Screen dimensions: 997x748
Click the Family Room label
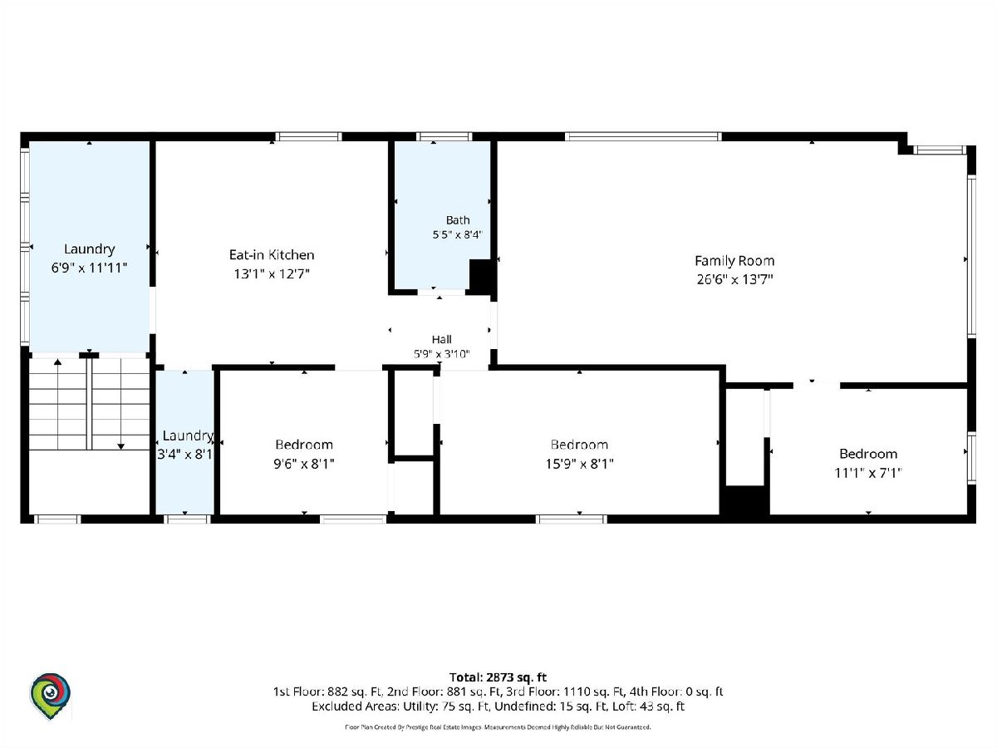[x=734, y=261]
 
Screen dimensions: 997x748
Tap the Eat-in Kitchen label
[x=272, y=254]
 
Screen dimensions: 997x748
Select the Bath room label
[x=458, y=220]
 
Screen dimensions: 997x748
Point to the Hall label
[x=441, y=339]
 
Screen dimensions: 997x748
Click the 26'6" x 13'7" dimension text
[x=734, y=279]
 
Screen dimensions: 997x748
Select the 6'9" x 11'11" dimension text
[x=89, y=268]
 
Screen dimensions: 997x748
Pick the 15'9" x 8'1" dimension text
[x=579, y=464]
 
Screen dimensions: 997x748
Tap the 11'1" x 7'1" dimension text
[x=867, y=473]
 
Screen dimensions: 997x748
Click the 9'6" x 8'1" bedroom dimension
[x=304, y=464]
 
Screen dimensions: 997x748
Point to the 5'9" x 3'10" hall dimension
[x=441, y=354]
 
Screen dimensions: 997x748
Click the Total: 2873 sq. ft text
[x=498, y=677]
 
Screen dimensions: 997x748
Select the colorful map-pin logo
[x=50, y=696]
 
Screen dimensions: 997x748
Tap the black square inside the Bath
[x=480, y=277]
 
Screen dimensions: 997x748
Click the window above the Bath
[x=444, y=136]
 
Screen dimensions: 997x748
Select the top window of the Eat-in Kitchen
[x=308, y=136]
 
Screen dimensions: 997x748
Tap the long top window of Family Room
[x=643, y=136]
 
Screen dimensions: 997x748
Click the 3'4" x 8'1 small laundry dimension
[x=185, y=454]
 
